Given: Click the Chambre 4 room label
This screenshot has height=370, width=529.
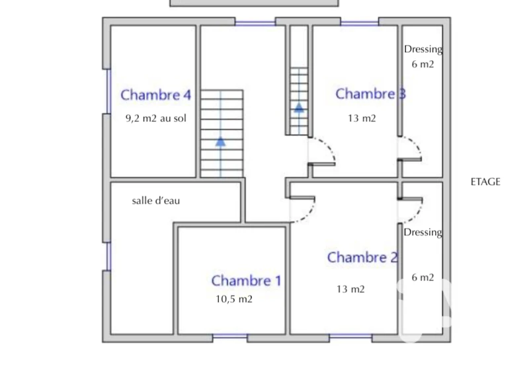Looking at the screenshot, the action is (156, 95).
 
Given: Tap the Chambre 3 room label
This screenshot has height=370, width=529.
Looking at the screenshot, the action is (370, 94).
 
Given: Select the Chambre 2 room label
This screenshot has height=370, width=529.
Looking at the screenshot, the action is (362, 258).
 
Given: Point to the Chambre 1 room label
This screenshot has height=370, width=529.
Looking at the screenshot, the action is (246, 281).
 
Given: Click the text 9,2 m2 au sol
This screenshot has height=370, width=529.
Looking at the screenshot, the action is (156, 118).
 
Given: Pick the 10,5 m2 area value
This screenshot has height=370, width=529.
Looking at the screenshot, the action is (234, 299).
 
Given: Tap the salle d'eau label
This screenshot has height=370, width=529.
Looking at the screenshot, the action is (156, 201).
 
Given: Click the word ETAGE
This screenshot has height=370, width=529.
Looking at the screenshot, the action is (485, 182).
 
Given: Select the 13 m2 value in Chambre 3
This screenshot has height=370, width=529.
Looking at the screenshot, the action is (362, 118).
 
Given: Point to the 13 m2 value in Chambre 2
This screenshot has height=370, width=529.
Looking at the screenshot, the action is (350, 289).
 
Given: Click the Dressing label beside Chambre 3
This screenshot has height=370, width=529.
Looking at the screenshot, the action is (423, 50).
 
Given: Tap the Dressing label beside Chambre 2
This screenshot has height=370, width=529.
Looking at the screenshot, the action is (423, 233).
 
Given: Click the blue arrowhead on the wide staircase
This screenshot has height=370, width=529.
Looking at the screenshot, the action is (221, 141).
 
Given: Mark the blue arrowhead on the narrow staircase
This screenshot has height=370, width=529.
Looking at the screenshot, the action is (299, 108).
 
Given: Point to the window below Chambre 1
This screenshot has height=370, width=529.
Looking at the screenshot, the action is (230, 336).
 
